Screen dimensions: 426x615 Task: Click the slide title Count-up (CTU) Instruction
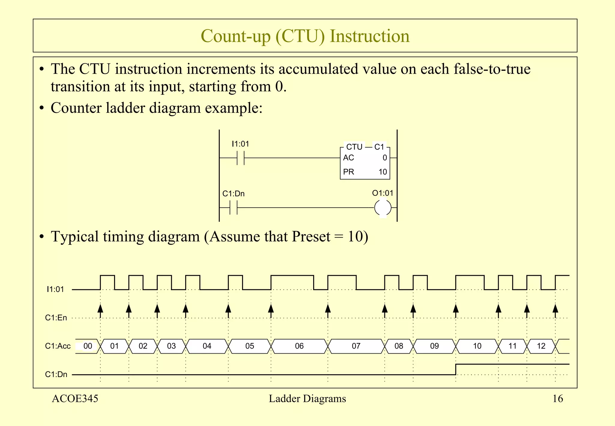point(305,36)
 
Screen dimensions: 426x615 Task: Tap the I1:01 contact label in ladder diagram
point(240,144)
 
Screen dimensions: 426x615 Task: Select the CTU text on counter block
point(354,147)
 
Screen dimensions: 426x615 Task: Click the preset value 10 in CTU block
point(383,172)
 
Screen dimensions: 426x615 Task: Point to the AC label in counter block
point(348,158)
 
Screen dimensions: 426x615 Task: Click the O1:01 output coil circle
point(383,208)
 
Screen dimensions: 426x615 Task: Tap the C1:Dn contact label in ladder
point(233,194)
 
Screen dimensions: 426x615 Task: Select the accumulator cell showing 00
point(88,346)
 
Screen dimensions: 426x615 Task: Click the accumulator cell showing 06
point(299,346)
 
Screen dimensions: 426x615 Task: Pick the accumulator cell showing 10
point(477,346)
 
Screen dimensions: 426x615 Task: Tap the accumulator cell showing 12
point(541,346)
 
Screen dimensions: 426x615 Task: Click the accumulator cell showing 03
point(171,346)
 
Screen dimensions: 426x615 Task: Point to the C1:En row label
point(56,318)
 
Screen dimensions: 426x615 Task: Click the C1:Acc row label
point(58,346)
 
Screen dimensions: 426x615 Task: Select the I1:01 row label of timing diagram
point(55,289)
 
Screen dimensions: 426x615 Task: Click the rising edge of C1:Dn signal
point(456,370)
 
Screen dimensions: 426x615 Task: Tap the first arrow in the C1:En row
point(100,309)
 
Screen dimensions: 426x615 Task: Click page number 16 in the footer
point(558,399)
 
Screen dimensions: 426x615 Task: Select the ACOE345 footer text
point(75,399)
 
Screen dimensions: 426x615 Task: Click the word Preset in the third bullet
point(311,236)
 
